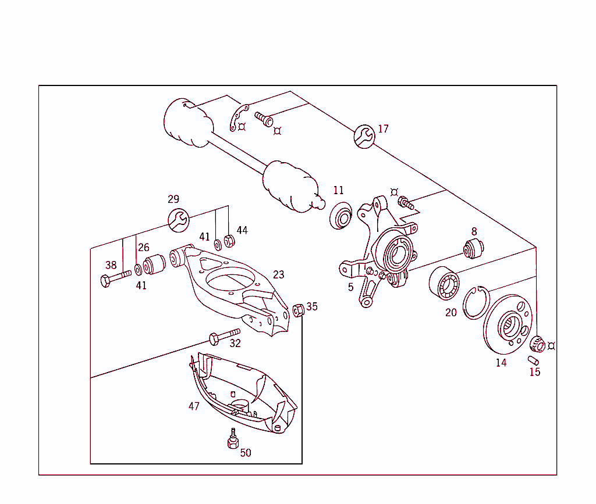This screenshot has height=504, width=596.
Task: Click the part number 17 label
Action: click(x=383, y=129)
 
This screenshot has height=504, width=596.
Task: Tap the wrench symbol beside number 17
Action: click(x=364, y=137)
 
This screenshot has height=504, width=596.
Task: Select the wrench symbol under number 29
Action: click(x=179, y=220)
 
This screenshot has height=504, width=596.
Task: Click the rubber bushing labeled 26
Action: click(x=155, y=264)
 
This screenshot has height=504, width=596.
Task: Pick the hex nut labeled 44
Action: click(x=229, y=241)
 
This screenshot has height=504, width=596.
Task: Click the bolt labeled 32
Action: click(x=224, y=335)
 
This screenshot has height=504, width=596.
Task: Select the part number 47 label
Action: click(x=194, y=406)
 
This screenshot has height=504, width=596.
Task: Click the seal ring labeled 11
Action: click(x=340, y=217)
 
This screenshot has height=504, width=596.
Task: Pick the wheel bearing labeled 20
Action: click(x=444, y=284)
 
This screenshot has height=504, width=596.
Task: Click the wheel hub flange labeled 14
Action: click(x=506, y=326)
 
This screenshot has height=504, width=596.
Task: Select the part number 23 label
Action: click(x=279, y=274)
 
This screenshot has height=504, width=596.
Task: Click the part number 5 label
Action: click(x=350, y=287)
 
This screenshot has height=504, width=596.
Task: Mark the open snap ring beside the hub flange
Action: click(x=476, y=303)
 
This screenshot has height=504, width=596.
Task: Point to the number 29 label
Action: click(x=173, y=199)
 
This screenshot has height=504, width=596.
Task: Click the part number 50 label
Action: click(x=246, y=453)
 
